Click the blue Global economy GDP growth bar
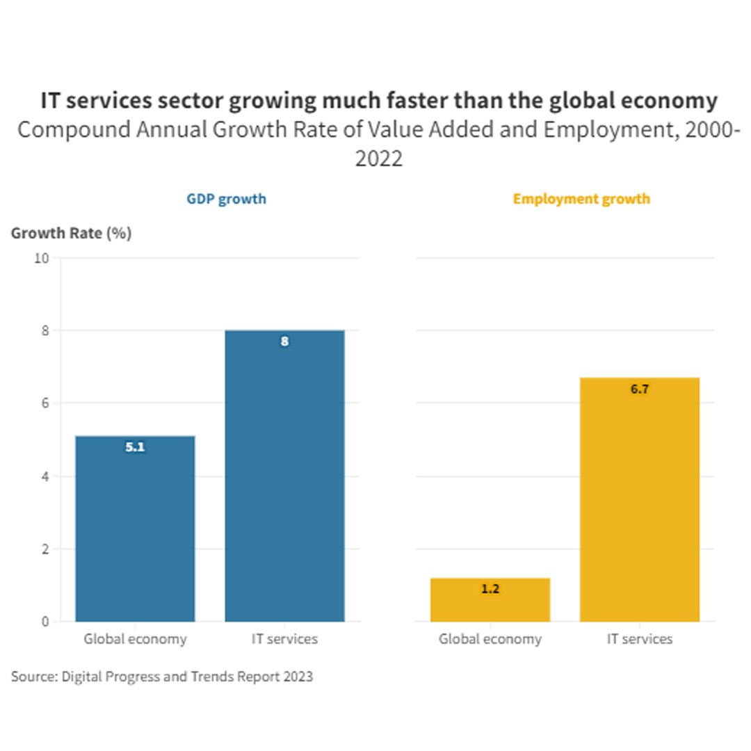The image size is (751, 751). point(135,528)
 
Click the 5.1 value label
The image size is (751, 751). point(135,448)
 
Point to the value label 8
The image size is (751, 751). point(284,342)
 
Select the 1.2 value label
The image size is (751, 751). point(490,589)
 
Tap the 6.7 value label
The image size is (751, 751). point(640,389)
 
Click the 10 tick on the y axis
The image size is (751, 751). point(42,258)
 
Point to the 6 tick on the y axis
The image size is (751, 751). point(45,403)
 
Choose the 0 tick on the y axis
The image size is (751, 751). point(45,622)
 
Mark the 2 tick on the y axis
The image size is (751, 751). point(45,549)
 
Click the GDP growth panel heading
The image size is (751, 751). point(226,199)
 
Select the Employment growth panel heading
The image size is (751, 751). point(581,199)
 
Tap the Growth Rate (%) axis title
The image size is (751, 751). point(71,234)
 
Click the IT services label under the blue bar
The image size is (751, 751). point(284,639)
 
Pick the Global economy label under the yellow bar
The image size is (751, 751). point(490,639)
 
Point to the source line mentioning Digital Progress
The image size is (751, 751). point(162,677)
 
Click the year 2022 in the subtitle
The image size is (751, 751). point(379,159)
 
